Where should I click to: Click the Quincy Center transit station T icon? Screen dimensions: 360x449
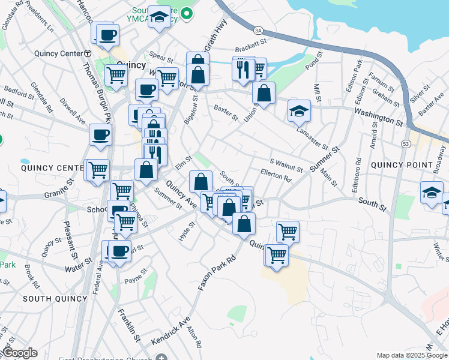(87, 53)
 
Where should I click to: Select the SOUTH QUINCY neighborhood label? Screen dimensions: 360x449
(50, 298)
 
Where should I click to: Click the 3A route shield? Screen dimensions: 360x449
(259, 29)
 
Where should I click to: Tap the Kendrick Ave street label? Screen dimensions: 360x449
(170, 331)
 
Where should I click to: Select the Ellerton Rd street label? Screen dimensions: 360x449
(276, 175)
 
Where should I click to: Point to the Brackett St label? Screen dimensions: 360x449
(250, 46)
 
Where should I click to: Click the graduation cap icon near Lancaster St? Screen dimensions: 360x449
(299, 110)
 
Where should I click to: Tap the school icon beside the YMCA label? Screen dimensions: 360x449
(159, 17)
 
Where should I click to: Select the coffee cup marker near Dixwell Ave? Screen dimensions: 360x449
(100, 134)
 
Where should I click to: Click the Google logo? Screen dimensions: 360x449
(19, 353)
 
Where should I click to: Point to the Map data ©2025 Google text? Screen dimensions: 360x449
(412, 355)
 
